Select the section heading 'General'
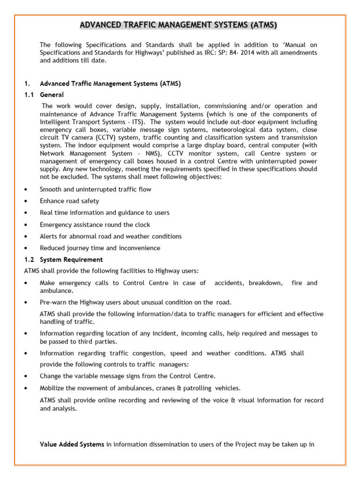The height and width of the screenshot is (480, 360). [52, 95]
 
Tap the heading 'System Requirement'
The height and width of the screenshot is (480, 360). [71, 259]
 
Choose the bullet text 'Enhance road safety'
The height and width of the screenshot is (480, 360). [69, 201]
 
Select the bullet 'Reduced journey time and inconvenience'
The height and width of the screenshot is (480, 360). [100, 248]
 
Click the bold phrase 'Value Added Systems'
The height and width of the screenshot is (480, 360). [72, 444]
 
